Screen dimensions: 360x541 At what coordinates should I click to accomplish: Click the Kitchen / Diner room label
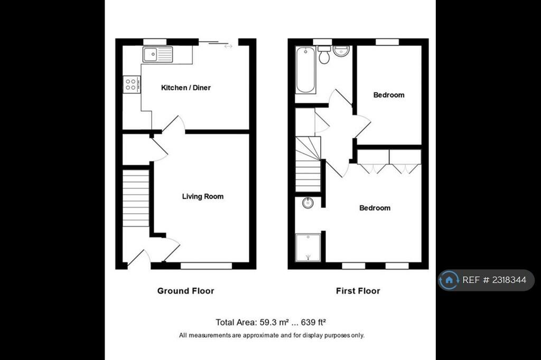point(185,88)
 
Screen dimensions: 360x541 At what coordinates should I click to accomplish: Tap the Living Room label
point(202,196)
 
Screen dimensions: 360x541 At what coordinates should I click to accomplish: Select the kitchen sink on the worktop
point(157,54)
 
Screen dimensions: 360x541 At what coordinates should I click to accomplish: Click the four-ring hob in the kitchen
point(131,84)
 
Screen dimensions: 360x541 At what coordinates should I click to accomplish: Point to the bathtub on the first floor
point(305,70)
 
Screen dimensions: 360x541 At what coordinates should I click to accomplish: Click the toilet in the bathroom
point(324,55)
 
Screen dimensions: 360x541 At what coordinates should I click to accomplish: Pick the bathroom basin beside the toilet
point(342,52)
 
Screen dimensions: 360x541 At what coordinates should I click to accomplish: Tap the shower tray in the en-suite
point(307,248)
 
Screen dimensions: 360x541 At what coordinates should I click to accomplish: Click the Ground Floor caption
point(185,291)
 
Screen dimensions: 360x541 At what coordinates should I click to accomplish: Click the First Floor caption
point(358,291)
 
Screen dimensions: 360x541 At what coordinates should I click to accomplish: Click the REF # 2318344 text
point(494,280)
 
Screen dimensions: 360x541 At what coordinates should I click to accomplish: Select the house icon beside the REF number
point(449,280)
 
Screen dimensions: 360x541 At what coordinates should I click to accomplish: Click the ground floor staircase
point(136,197)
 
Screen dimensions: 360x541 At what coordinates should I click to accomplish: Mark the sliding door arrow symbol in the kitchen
point(228,46)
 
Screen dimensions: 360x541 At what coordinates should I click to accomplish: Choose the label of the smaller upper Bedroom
point(389,95)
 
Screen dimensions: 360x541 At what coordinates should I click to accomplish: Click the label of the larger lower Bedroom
point(375,208)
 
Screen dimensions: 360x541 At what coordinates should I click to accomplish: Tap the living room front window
point(206,266)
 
